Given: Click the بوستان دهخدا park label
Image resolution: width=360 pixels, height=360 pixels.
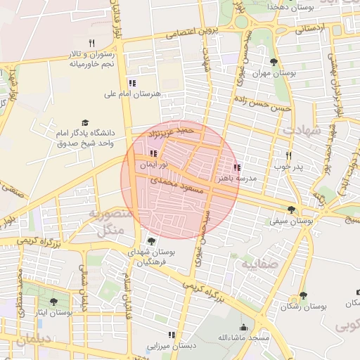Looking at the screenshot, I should [x=295, y=7].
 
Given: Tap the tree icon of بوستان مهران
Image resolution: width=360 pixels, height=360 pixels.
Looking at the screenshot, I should [x=274, y=63].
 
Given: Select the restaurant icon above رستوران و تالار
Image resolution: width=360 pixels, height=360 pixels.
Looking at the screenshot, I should [x=91, y=43].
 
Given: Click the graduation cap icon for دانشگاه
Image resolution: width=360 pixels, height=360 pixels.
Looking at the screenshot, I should [x=86, y=122].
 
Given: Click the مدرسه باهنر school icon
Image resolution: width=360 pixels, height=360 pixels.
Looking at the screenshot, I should [x=236, y=167].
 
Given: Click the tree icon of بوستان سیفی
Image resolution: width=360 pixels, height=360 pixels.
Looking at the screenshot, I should [x=291, y=209].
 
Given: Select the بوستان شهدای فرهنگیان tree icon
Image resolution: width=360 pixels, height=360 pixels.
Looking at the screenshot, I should [x=152, y=241].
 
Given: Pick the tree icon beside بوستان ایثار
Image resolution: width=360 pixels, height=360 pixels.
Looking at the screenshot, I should [x=54, y=302].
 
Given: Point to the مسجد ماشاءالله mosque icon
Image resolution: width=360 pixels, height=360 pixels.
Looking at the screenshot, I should [x=244, y=327].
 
